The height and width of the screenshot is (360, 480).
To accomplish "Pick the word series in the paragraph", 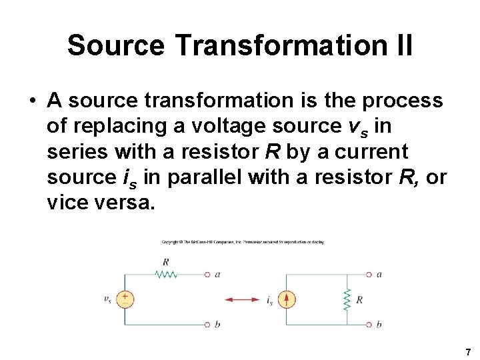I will point(75,152).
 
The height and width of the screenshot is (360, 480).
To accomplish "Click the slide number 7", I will point(469,352).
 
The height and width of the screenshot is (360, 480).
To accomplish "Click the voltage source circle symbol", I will point(125,299).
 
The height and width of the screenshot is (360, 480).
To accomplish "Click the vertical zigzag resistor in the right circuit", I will point(347,300).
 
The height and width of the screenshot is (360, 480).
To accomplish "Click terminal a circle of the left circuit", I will point(207,274).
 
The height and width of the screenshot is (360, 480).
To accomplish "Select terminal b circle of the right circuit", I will point(368,325).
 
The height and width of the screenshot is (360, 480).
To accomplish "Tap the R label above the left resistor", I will point(165,262).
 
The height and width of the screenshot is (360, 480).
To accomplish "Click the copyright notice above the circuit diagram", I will point(243,242).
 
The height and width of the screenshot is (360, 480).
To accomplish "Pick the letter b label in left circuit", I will point(217,325).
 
